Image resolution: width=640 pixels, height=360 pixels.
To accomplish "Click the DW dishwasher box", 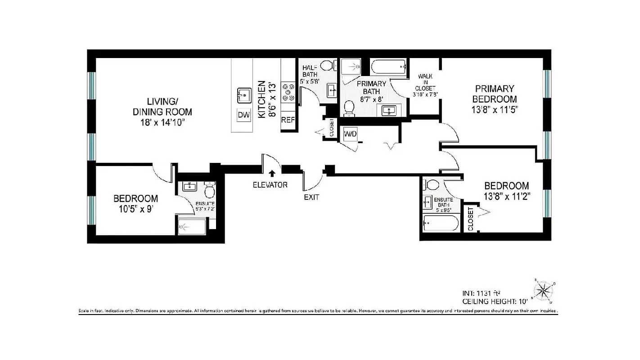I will (x=243, y=116).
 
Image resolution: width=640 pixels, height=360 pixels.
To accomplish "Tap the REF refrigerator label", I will (x=288, y=120).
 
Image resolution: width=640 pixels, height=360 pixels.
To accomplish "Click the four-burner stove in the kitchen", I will (x=288, y=91).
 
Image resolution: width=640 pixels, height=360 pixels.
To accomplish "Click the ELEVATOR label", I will (x=270, y=184).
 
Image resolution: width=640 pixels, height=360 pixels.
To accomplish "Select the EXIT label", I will (x=311, y=197).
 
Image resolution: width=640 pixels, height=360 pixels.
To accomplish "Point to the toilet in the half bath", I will (x=329, y=66).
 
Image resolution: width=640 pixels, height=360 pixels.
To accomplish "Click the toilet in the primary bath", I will (x=349, y=108).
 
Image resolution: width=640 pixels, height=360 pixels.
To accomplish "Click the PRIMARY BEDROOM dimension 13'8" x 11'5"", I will (x=493, y=109).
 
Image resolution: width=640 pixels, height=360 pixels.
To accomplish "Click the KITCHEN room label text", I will (x=261, y=99).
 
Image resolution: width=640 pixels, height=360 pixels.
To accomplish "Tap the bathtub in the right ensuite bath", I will (x=441, y=223).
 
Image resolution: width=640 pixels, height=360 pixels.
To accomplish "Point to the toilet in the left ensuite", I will (x=210, y=191).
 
